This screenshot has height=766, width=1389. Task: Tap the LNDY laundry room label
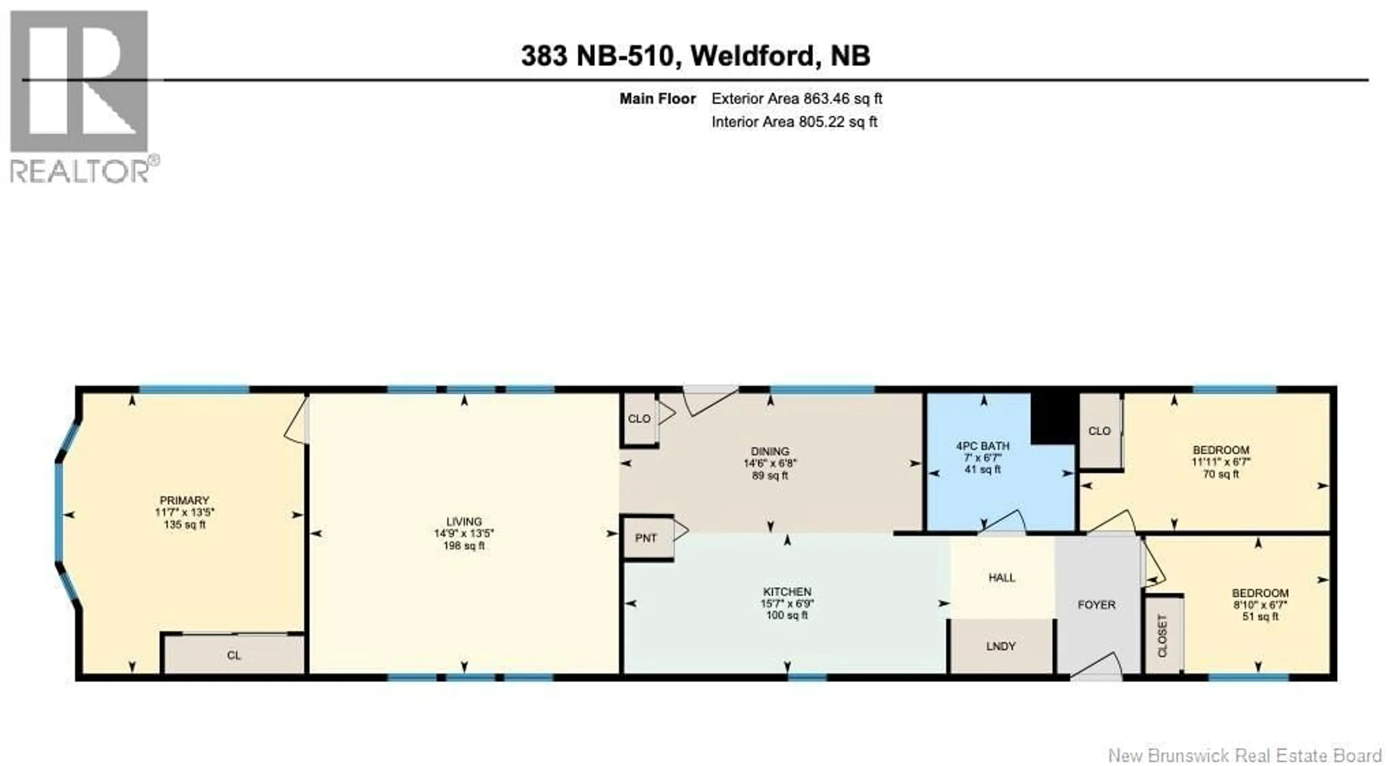tap(1001, 646)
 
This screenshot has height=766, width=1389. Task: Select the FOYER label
tap(1096, 605)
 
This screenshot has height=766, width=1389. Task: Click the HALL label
tap(1002, 578)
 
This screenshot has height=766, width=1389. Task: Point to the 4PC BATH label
tap(982, 446)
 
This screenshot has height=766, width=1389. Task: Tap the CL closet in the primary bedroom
tap(233, 655)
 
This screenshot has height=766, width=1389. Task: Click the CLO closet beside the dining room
tap(639, 419)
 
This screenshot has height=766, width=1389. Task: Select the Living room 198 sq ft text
tap(464, 545)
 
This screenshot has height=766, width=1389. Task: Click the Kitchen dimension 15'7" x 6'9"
tap(787, 604)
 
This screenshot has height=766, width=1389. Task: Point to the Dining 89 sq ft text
tap(770, 476)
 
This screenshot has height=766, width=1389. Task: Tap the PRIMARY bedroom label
tap(184, 500)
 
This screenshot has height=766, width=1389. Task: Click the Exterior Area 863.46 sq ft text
tap(797, 99)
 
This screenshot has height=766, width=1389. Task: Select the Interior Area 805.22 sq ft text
tap(794, 122)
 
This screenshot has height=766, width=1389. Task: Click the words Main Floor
tap(657, 99)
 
